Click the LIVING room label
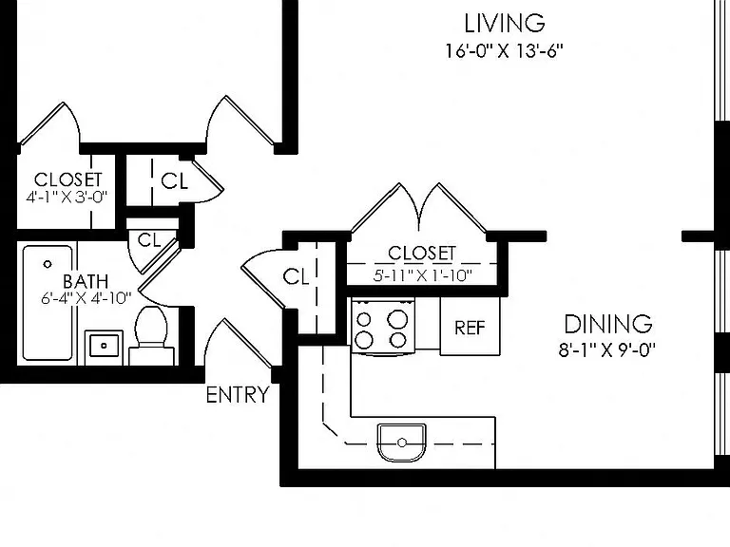point(505,23)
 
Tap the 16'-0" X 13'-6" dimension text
point(505,50)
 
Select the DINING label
point(608,324)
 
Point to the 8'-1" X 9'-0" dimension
point(607,349)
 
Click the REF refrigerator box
point(470,326)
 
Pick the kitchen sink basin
point(402,443)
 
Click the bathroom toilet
point(151,335)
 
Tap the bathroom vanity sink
point(104,345)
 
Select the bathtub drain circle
point(47,264)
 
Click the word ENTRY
point(238,395)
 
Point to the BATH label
point(86,281)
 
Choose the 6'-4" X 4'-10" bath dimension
point(86,297)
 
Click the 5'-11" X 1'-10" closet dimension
point(422,275)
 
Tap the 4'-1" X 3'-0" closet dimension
point(67,197)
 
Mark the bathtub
point(48,303)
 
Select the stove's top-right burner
point(397,319)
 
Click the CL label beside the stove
point(296,276)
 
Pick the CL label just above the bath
point(149,240)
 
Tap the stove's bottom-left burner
point(364,341)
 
